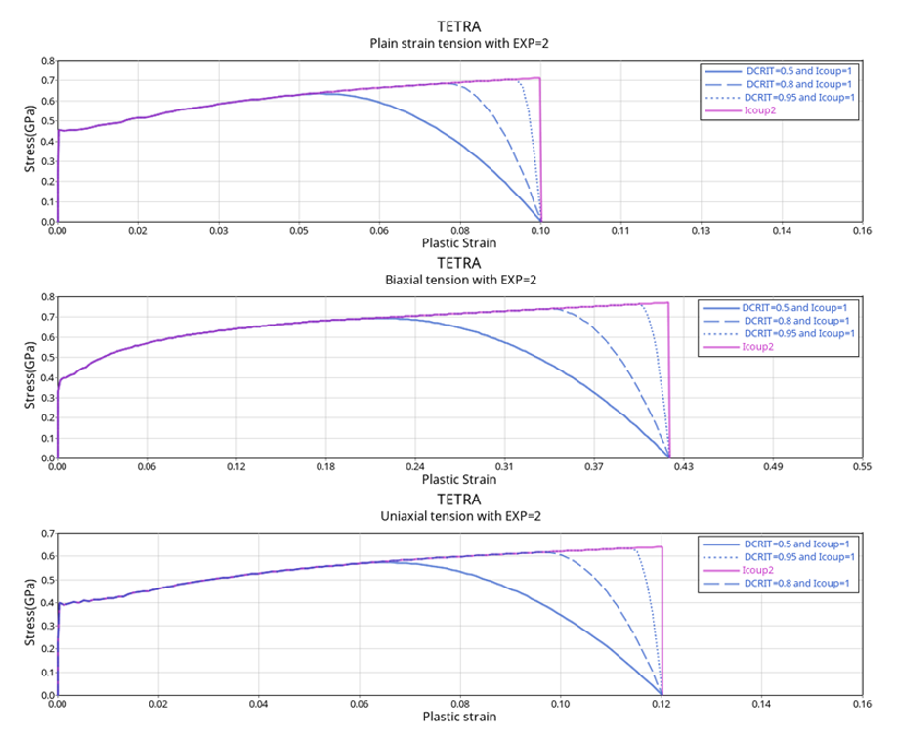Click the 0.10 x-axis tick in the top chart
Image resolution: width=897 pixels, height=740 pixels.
[540, 232]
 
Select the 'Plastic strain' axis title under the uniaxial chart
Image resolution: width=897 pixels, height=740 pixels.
[459, 717]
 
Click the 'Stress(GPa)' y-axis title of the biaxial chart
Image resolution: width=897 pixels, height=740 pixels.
[32, 378]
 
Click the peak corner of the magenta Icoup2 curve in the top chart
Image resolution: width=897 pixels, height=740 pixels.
[540, 78]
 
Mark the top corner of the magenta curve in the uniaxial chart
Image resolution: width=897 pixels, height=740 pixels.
[662, 547]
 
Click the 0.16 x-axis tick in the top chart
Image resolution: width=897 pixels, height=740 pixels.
[861, 232]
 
